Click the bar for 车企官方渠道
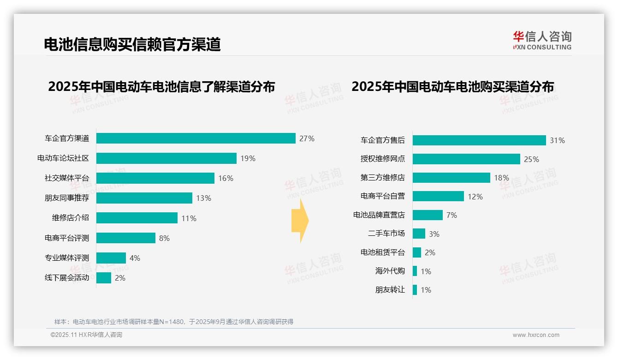(x=196, y=138)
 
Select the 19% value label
(x=248, y=158)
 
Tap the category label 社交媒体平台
(x=66, y=178)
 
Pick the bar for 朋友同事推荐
(x=144, y=198)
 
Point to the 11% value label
(x=189, y=218)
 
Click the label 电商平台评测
(x=66, y=238)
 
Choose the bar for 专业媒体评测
(x=111, y=258)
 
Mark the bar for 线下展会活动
(x=103, y=278)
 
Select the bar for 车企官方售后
(x=479, y=140)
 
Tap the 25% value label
(x=531, y=159)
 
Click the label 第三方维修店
(x=382, y=178)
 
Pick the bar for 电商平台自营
(x=438, y=196)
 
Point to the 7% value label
(x=452, y=215)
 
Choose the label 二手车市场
(x=386, y=234)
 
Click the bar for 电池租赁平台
(x=416, y=252)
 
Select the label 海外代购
(x=390, y=271)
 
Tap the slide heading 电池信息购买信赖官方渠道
(x=132, y=44)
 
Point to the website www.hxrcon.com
(x=535, y=335)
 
